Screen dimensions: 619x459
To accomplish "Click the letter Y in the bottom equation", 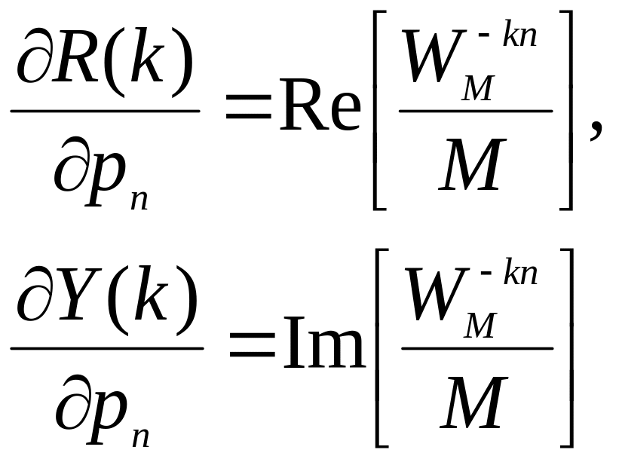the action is (78, 295).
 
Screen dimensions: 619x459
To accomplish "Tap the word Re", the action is (320, 105).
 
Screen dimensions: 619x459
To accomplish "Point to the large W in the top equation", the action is (434, 57).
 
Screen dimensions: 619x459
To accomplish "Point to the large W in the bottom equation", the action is (437, 294).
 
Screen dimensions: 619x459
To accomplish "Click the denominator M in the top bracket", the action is (473, 164).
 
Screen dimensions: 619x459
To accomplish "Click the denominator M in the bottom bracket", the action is (474, 402).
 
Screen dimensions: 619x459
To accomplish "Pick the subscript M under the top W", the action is (478, 88).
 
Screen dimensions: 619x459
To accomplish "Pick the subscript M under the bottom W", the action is (480, 326).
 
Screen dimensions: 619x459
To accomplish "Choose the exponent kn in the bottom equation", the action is (521, 271).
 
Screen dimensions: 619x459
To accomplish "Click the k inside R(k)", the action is (147, 56).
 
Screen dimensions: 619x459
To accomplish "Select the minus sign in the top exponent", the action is (483, 35).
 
